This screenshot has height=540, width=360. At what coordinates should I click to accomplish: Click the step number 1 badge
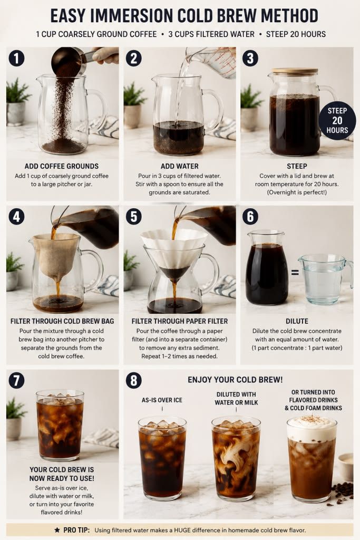pos(16,58)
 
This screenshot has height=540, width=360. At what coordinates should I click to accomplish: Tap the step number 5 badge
pos(134,217)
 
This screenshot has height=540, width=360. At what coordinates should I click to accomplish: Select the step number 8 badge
pos(134,381)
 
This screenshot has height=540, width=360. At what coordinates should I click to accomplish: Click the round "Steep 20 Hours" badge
pos(337,121)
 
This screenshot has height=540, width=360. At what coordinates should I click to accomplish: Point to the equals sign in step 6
pos(295,273)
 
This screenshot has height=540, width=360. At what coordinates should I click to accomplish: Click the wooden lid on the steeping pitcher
pos(295,71)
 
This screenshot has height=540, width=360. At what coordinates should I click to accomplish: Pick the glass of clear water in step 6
pos(325,279)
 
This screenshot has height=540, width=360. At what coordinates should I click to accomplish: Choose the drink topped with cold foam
pos(312,460)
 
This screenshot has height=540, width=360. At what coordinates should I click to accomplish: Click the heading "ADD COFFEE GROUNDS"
pos(62,166)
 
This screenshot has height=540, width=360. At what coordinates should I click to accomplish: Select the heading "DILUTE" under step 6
pos(297,321)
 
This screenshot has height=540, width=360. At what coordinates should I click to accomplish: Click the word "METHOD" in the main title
pos(289,16)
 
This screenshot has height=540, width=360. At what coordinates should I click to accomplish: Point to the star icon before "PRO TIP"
pos(57,530)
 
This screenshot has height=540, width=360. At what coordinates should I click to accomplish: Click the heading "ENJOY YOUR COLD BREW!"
pos(235,380)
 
